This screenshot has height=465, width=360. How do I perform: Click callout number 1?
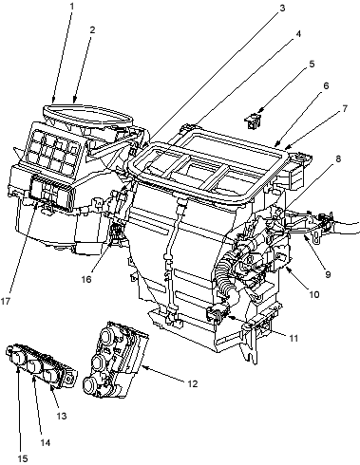pos(71,6)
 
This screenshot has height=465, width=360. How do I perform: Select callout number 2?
pos(92,29)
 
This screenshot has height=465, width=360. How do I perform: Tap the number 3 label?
pos(282,8)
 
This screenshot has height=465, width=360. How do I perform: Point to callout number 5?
pos(312,64)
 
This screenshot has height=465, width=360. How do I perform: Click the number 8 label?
pos(338,158)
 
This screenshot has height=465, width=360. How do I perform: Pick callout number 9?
pos(328,274)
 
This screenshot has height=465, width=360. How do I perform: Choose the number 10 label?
pos(314,294)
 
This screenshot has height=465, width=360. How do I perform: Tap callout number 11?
pos(294,338)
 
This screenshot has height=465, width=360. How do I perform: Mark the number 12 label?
pos(192,383)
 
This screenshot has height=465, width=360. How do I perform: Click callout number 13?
pos(62,416)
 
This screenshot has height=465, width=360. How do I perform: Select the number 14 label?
pos(45,443)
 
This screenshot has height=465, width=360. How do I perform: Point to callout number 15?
pos(23,458)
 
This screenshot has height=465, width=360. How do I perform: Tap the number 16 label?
pos(86,279)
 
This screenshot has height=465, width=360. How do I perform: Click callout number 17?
pos(6,302)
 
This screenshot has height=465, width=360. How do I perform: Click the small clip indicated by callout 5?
pos(253,121)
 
